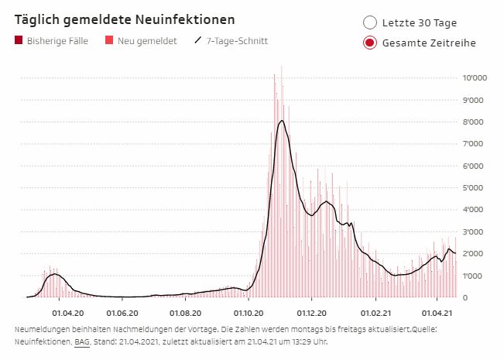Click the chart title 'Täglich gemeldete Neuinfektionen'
click(x=125, y=19)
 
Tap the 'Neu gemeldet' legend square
click(x=109, y=40)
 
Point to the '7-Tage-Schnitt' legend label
click(x=237, y=40)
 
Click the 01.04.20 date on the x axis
click(x=67, y=313)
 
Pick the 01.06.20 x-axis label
click(x=122, y=313)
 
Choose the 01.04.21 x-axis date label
click(x=437, y=313)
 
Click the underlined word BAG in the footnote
click(x=81, y=340)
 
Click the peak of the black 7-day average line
click(x=282, y=121)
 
